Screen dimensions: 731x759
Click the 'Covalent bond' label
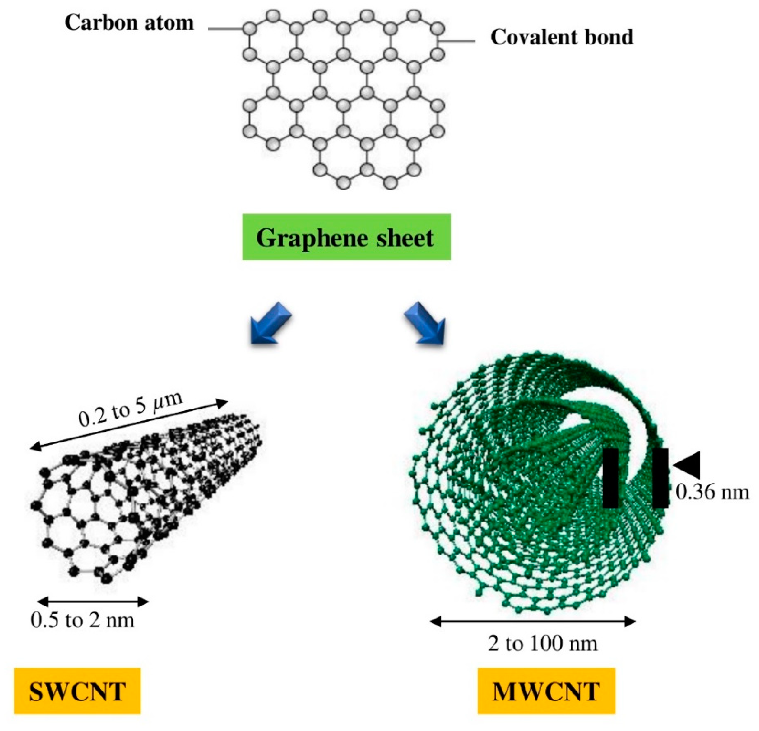[x=561, y=37]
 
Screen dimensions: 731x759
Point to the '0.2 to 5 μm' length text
[x=130, y=409]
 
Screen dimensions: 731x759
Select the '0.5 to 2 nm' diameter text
[x=82, y=620]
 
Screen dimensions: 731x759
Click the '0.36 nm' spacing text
[x=712, y=492]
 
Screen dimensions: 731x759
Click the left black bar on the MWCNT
[x=610, y=478]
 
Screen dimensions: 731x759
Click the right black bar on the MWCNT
[x=660, y=478]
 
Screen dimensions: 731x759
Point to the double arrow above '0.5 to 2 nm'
[x=93, y=602]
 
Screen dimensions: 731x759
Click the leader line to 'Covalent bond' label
[x=457, y=41]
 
